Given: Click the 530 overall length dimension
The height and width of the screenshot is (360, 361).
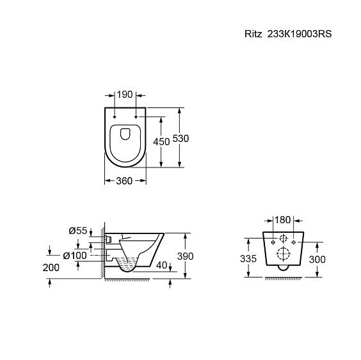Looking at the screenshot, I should coord(184,138).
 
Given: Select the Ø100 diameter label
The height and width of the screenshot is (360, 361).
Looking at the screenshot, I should coord(75,256).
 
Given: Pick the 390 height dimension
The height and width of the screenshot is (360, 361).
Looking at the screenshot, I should coord(184,256).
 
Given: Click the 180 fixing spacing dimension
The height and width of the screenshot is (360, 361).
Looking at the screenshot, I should coord(282,221).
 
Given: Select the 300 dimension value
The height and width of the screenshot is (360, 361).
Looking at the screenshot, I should coord(317,259).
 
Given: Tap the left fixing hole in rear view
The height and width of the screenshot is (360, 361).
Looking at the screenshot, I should coord(272,243).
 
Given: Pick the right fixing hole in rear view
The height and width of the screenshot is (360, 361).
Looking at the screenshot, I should coord(293,243).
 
